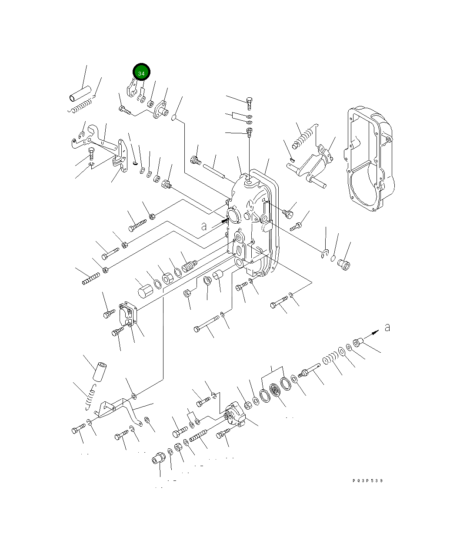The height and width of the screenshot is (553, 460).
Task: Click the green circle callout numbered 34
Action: click(141, 73)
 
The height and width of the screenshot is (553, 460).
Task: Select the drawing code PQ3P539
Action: click(368, 481)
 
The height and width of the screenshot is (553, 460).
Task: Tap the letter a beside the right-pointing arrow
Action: click(387, 327)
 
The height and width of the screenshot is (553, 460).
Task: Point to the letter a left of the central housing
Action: click(203, 226)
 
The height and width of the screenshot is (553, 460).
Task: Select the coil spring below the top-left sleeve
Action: click(82, 105)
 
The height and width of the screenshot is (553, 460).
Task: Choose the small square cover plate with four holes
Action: click(128, 313)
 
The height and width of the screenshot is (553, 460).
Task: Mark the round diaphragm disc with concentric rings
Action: click(275, 390)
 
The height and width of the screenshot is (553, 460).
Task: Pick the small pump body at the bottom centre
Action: click(235, 416)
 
